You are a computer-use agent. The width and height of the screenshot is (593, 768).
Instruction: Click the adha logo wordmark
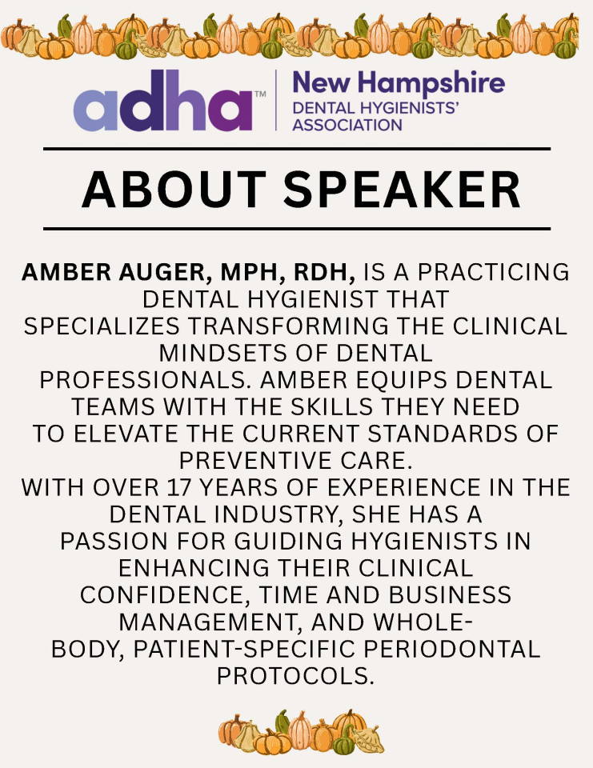pyautogui.click(x=162, y=101)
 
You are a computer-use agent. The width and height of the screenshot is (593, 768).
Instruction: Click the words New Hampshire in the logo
pyautogui.click(x=399, y=83)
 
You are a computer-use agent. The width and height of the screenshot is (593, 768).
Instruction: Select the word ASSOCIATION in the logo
pyautogui.click(x=347, y=125)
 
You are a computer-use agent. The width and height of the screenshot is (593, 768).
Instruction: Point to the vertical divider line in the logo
pyautogui.click(x=276, y=100)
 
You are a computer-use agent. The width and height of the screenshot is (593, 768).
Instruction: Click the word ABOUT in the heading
pyautogui.click(x=174, y=190)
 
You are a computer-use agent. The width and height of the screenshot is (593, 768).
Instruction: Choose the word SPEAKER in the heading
pyautogui.click(x=402, y=190)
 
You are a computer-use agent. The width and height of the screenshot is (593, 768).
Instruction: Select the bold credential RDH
pyautogui.click(x=324, y=273)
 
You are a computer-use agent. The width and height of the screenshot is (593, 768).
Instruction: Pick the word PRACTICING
pyautogui.click(x=494, y=272)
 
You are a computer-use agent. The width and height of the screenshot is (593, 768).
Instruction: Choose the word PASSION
pyautogui.click(x=114, y=542)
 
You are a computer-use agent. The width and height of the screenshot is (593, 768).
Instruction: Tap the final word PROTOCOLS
pyautogui.click(x=295, y=677)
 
